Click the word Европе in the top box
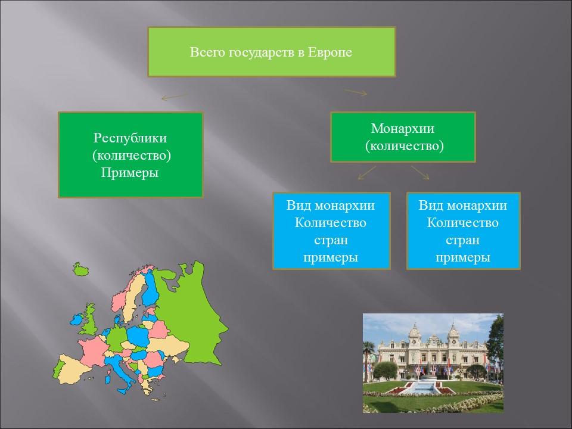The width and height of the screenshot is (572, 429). [x=330, y=52]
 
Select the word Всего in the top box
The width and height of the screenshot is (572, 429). [x=203, y=52]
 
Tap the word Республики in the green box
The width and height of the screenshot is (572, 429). [x=130, y=138]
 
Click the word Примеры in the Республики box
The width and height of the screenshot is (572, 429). [x=130, y=173]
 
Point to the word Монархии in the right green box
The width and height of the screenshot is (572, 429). [x=403, y=129]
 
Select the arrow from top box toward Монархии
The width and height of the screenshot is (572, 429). [x=356, y=92]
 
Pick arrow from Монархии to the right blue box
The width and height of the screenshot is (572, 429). [x=420, y=173]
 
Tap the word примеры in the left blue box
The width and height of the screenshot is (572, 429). [x=331, y=257]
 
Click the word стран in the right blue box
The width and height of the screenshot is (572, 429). [x=463, y=240]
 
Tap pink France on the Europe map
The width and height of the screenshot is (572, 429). [x=95, y=352]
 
